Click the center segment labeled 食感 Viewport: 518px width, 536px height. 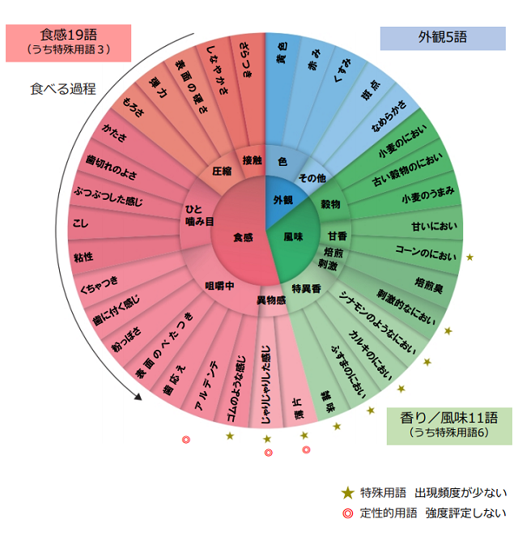point(243,237)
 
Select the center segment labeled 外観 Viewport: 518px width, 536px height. point(282,199)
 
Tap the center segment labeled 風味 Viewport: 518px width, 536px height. point(293,237)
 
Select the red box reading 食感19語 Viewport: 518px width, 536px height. point(69,41)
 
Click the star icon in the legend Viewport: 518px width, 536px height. point(348,491)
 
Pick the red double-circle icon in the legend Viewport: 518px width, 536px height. point(348,513)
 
